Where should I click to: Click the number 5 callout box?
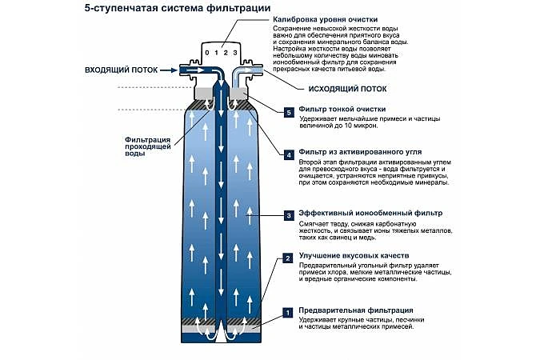point(289,111)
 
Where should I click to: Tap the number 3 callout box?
point(289,215)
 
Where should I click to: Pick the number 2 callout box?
point(289,258)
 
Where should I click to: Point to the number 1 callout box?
point(289,313)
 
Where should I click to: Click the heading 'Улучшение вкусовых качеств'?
point(349,255)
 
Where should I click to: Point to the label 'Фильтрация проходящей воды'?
point(146,146)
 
